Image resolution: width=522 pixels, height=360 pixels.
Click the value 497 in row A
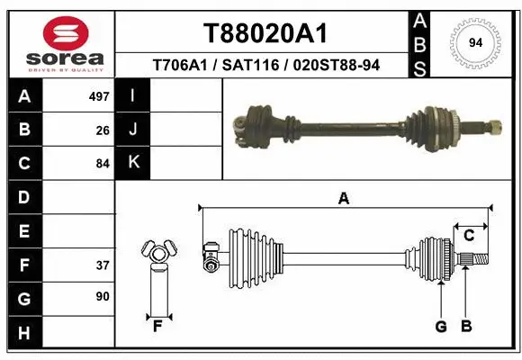[x=99, y=95]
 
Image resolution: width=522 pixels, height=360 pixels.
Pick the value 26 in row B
[x=103, y=130]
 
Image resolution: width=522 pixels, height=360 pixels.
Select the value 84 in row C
[x=103, y=164]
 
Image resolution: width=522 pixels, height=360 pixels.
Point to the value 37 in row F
[x=103, y=265]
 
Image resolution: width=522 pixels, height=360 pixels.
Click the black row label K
[x=133, y=163]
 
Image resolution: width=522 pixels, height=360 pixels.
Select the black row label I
[x=133, y=95]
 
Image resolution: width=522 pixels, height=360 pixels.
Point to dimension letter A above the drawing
[x=343, y=199]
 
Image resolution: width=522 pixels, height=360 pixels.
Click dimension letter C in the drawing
[x=469, y=236]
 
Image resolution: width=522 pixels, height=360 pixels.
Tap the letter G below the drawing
[x=441, y=327]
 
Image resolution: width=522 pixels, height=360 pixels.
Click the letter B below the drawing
[x=465, y=327]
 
